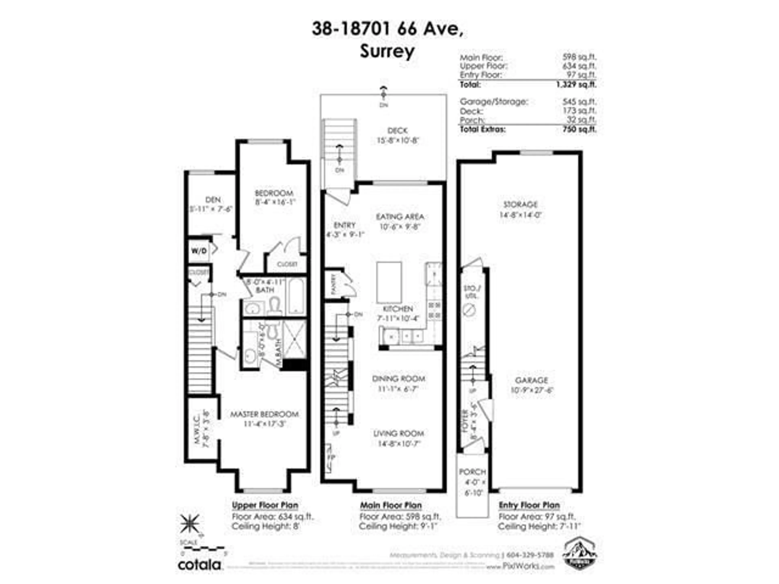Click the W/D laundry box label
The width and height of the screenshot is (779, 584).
(199, 251)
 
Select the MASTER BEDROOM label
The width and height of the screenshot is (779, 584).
(264, 414)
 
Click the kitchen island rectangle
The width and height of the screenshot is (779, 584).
(389, 282)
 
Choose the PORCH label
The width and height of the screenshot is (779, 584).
(472, 472)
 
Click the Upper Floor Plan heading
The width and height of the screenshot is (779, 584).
(265, 506)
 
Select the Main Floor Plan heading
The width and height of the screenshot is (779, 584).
(391, 506)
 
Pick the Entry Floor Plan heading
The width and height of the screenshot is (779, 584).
(529, 506)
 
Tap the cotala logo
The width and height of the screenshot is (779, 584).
(199, 565)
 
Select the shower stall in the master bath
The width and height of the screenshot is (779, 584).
(294, 339)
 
